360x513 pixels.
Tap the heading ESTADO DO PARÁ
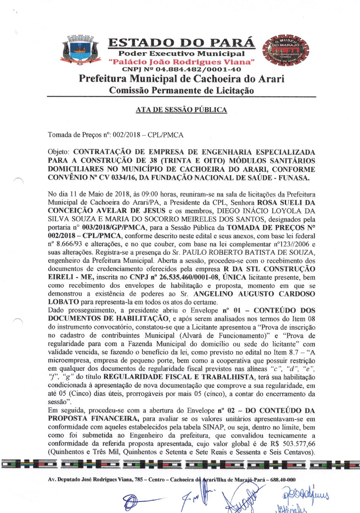181,43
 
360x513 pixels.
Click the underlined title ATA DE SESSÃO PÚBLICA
181,110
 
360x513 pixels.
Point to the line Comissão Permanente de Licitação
181,90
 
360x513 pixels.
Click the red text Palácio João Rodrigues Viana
181,62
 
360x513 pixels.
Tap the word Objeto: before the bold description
59,152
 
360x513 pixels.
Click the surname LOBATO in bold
63,302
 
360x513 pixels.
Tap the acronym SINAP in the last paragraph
213,427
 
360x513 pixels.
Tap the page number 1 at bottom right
313,486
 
